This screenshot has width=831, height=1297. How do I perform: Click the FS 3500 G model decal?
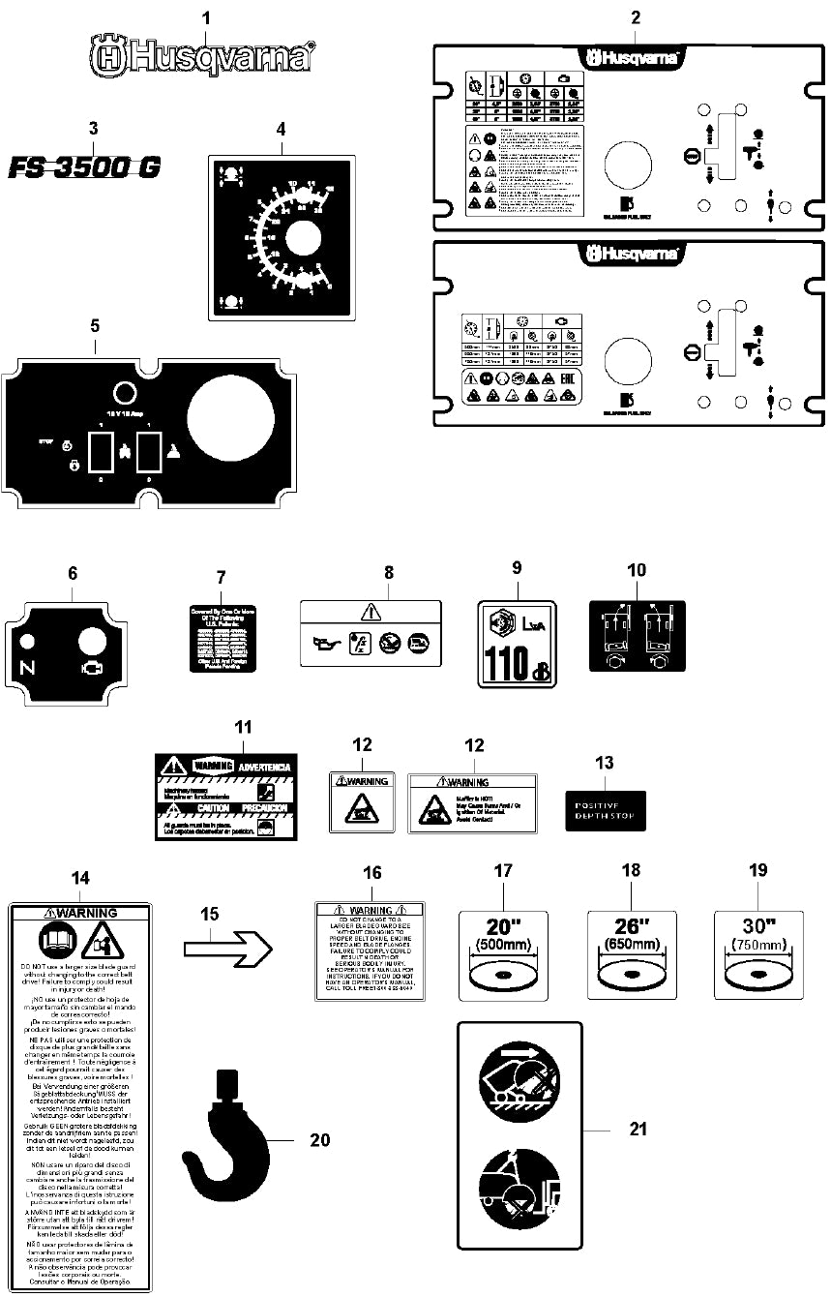coord(85,167)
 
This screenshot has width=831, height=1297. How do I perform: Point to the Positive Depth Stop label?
coord(606,810)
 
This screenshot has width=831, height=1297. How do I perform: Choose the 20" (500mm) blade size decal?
coord(502,954)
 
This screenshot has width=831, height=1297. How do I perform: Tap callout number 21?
coord(638,1129)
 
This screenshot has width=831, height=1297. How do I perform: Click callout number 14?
coord(80,878)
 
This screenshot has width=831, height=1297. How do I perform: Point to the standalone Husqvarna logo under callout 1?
coord(202,56)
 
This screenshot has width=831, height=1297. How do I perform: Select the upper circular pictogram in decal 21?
coord(519,1080)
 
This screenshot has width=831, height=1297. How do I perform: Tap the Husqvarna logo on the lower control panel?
coord(632,256)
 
